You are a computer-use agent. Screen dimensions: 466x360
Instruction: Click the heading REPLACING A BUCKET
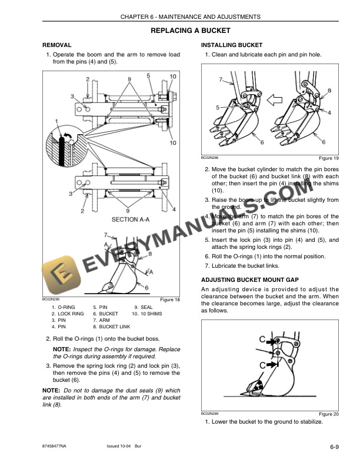(x=190, y=30)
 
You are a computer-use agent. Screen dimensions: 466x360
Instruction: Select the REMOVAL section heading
(x=57, y=45)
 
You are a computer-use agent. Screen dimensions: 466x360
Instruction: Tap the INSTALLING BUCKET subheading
(x=232, y=45)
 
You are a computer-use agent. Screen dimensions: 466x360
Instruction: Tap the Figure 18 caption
(x=170, y=300)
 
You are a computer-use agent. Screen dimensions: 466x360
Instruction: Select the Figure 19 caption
(x=328, y=158)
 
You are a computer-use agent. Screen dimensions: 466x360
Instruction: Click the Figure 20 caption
(x=328, y=414)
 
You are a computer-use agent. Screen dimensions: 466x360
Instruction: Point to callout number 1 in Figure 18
(x=57, y=122)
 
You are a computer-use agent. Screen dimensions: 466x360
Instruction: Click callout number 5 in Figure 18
(x=149, y=76)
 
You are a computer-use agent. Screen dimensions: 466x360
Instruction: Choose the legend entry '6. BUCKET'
(x=106, y=314)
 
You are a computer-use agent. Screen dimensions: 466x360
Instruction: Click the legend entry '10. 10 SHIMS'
(x=146, y=314)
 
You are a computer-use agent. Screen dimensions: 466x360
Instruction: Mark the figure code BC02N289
(x=210, y=413)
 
